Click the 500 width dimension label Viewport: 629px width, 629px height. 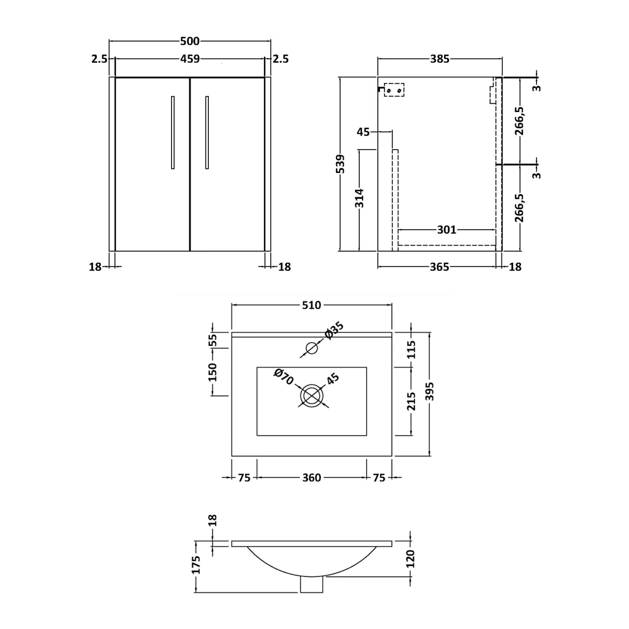(190, 41)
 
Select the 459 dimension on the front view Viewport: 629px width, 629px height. (190, 59)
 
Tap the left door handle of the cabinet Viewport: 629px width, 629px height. (173, 133)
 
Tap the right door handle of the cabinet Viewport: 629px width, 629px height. (207, 133)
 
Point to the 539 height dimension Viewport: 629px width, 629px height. (340, 164)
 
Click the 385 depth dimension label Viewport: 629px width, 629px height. (439, 59)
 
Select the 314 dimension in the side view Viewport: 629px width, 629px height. (359, 198)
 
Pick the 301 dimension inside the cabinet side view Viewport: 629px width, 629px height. (446, 230)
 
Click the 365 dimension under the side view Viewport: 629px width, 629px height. (439, 267)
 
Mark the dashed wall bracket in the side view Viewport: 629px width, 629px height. (394, 90)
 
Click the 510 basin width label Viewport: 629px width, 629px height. (312, 305)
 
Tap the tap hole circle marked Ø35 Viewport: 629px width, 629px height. (312, 348)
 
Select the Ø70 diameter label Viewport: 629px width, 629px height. (283, 377)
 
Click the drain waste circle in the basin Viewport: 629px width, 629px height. (312, 395)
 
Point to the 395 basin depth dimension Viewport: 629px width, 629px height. (429, 392)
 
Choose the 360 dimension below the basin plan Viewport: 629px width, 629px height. (312, 478)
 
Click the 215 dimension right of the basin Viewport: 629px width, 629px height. (411, 401)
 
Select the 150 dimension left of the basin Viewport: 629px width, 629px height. (213, 372)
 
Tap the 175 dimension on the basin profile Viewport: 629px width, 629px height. (195, 565)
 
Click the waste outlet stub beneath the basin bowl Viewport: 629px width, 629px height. (312, 585)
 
